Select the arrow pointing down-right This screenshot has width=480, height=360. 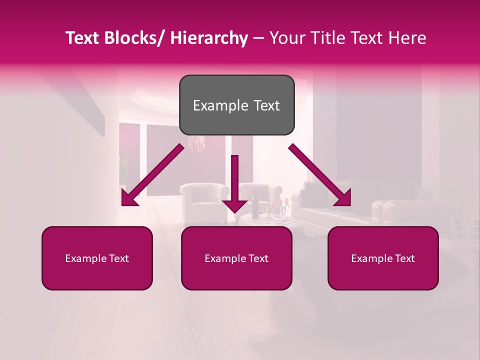[x=320, y=175]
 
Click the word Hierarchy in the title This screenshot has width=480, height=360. [x=209, y=38]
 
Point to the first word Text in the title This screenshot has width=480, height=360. [x=83, y=38]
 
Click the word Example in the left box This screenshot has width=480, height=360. [x=85, y=258]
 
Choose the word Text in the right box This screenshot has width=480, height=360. [x=404, y=258]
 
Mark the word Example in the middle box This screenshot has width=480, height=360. [x=225, y=258]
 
